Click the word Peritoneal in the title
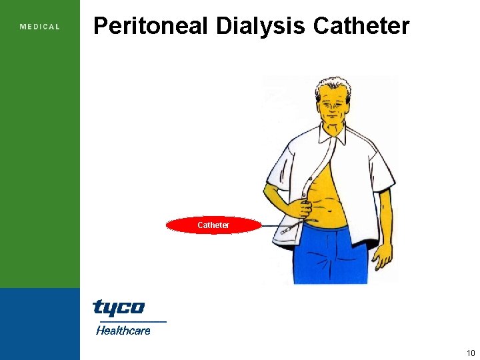click(x=151, y=26)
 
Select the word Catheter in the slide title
click(x=361, y=26)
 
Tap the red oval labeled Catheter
click(x=213, y=225)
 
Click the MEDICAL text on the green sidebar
click(x=40, y=27)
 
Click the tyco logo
click(x=119, y=307)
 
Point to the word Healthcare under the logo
click(x=123, y=330)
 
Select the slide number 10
click(x=471, y=353)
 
